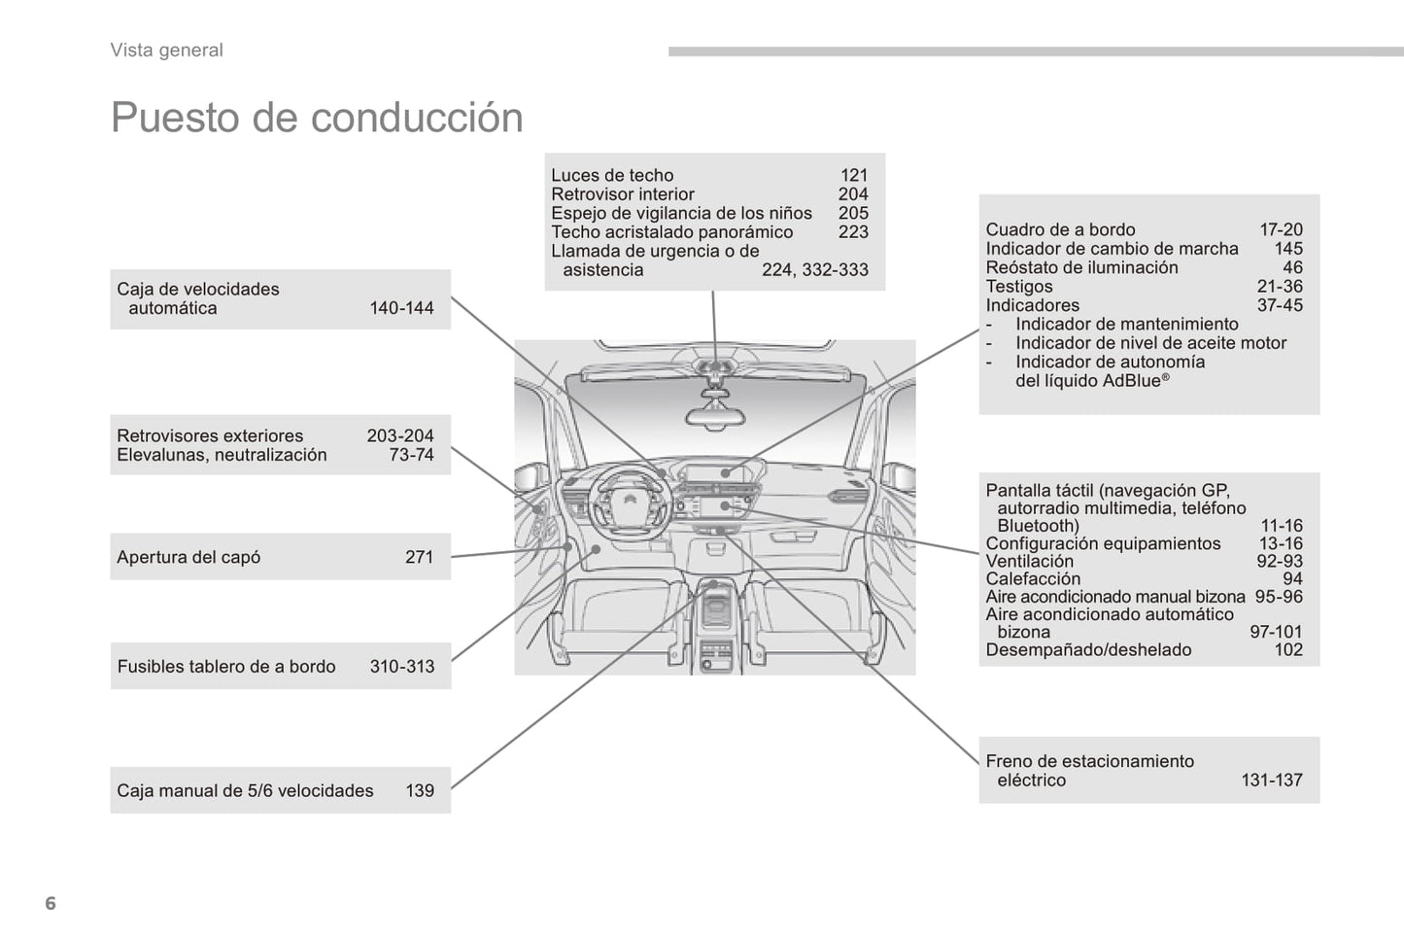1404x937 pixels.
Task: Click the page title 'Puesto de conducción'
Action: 317,118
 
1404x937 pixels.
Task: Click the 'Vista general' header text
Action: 166,51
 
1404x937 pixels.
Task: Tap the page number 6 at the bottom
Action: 51,903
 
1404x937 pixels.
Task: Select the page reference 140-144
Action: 401,308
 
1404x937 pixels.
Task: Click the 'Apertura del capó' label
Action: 188,557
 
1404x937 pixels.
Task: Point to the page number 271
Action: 419,557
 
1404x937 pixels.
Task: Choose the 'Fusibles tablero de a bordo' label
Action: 226,667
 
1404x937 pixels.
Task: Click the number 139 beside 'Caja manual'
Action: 420,791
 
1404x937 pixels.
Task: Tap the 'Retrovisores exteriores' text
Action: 210,435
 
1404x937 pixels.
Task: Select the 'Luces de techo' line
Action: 612,176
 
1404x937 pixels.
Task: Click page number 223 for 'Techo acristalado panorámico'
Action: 853,232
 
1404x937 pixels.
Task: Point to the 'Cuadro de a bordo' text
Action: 1060,230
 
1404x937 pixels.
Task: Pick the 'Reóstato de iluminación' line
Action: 1081,267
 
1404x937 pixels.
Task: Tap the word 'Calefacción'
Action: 1033,579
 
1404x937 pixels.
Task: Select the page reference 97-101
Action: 1276,632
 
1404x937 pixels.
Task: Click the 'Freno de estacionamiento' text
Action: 1089,761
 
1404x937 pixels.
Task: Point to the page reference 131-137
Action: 1271,780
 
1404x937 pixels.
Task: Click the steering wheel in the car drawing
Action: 630,496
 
